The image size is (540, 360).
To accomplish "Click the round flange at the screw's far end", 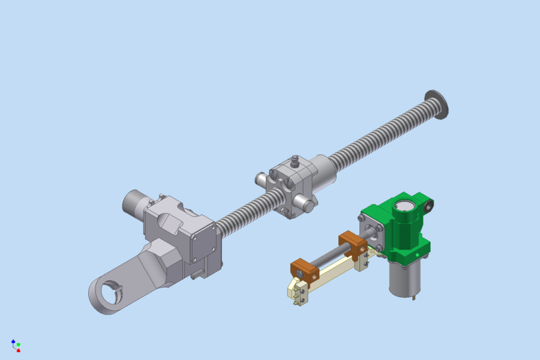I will (437, 104).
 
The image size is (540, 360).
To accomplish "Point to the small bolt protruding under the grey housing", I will (196, 275).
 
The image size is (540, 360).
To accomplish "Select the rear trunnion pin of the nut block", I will (262, 179).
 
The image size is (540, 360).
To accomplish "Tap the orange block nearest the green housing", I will (353, 244).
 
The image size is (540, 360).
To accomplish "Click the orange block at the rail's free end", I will (305, 269).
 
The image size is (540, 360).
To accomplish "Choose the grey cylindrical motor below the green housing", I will (403, 278).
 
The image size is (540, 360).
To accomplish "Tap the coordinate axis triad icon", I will (16, 345).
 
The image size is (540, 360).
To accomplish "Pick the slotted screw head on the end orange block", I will (299, 274).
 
